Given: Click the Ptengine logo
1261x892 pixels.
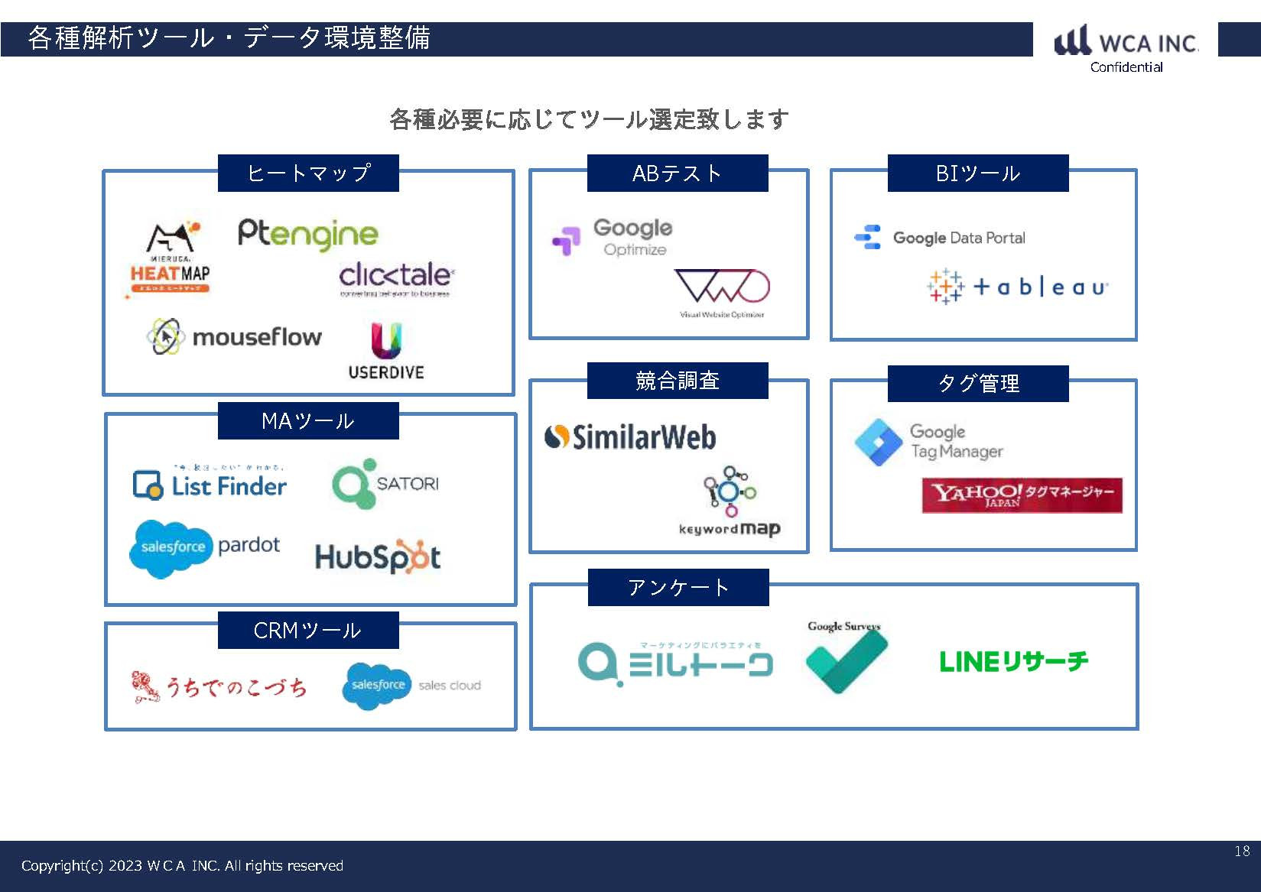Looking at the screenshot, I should click(x=307, y=234).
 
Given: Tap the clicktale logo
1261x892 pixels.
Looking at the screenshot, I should click(x=396, y=278).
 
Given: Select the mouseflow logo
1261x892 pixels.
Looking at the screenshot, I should click(x=234, y=336).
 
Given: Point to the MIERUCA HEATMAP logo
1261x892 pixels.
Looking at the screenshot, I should click(x=168, y=258).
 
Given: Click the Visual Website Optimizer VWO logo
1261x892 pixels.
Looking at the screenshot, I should click(x=721, y=292).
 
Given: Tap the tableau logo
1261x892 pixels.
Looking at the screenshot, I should click(x=1017, y=287).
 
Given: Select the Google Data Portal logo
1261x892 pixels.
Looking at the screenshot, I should click(x=940, y=238).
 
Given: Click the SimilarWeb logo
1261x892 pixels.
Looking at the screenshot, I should click(x=630, y=437).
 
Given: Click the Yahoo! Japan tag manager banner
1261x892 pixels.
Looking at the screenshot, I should click(x=1022, y=495).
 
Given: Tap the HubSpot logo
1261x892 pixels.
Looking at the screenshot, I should click(x=378, y=556).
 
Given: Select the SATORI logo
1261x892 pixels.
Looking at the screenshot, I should click(x=385, y=484).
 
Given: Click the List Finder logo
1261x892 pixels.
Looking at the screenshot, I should click(x=210, y=485).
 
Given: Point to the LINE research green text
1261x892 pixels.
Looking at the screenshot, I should click(x=1013, y=661).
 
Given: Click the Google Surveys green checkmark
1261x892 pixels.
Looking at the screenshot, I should click(x=845, y=659).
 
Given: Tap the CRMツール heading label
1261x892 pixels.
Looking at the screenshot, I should click(x=307, y=631).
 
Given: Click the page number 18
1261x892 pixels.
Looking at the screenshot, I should click(x=1242, y=851).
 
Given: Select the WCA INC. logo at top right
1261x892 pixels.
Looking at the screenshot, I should click(x=1126, y=43).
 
